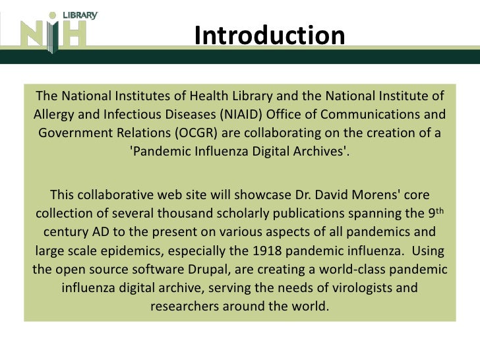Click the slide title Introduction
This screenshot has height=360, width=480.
point(270,36)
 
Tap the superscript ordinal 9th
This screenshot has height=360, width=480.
point(436,212)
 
